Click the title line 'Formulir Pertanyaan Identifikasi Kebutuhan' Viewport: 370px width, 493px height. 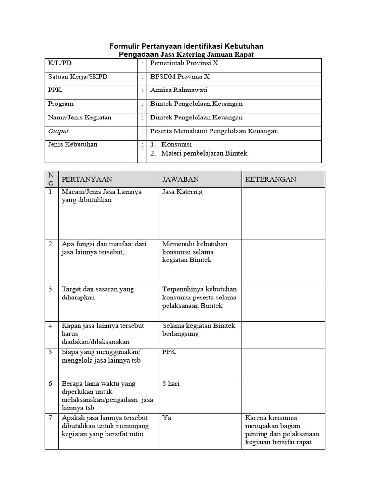186,46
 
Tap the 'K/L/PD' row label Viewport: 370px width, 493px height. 60,63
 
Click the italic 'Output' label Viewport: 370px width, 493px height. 58,131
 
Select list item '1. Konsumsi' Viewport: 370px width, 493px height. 172,144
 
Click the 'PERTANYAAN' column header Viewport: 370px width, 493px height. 87,179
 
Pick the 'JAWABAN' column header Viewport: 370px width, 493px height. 181,179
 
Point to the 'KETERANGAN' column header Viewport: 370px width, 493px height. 270,179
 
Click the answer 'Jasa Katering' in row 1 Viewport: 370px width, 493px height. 183,192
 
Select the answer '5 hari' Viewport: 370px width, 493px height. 172,384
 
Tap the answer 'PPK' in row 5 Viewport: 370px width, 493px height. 170,352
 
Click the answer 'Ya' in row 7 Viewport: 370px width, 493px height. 167,418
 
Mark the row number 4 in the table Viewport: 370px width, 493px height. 50,326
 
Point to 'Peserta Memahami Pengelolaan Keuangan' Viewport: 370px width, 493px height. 214,131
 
